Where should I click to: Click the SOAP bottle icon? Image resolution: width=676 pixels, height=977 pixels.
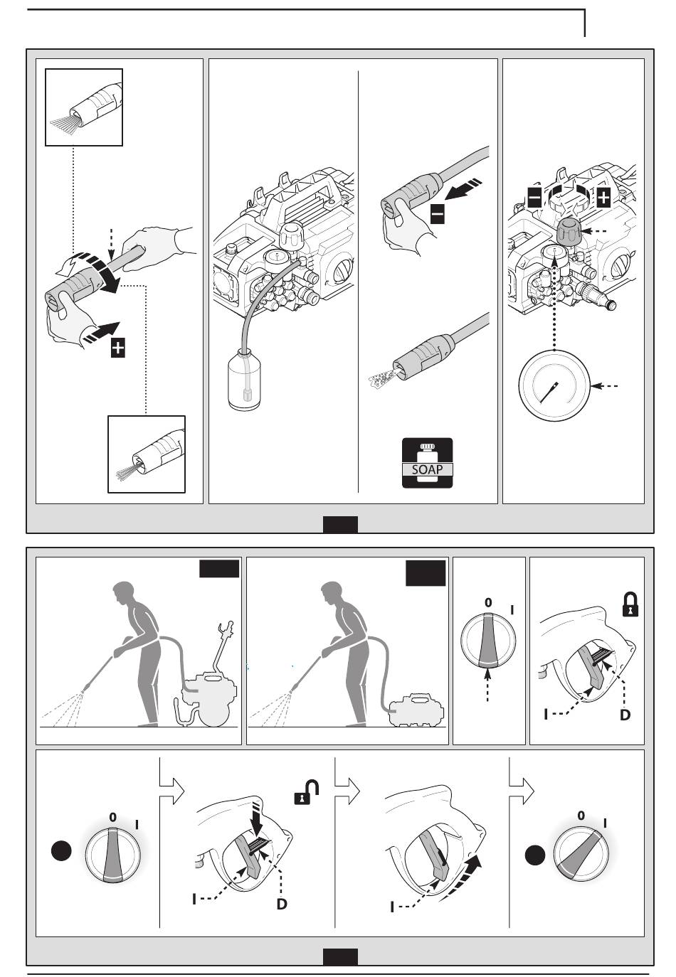coord(427,463)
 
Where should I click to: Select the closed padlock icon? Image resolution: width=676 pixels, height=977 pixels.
coord(630,605)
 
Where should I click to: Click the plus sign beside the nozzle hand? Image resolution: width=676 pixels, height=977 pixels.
coord(117,348)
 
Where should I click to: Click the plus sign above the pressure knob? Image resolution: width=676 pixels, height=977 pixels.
coord(603,197)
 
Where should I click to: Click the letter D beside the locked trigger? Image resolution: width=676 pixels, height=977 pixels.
coord(625,715)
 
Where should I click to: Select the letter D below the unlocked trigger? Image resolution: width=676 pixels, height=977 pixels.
coord(282,904)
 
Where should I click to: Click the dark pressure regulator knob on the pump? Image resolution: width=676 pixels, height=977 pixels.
coord(569,231)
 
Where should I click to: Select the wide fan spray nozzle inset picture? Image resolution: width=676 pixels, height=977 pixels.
coord(84,107)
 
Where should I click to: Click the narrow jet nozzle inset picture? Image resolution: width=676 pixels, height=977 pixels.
coord(146,454)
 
